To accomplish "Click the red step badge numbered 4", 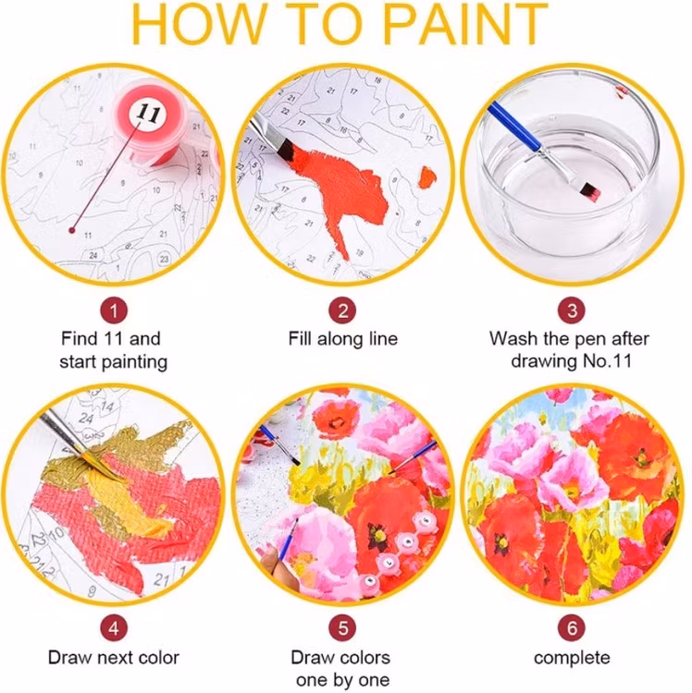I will pyautogui.click(x=113, y=627).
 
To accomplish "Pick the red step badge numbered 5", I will pyautogui.click(x=343, y=627).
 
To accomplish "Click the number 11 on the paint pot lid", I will pyautogui.click(x=147, y=113).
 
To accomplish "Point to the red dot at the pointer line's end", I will pyautogui.click(x=72, y=225).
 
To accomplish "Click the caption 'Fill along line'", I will pyautogui.click(x=342, y=338).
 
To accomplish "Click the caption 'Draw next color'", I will pyautogui.click(x=113, y=658).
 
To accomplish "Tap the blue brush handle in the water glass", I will pyautogui.click(x=514, y=130).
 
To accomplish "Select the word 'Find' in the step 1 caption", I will pyautogui.click(x=80, y=338).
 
